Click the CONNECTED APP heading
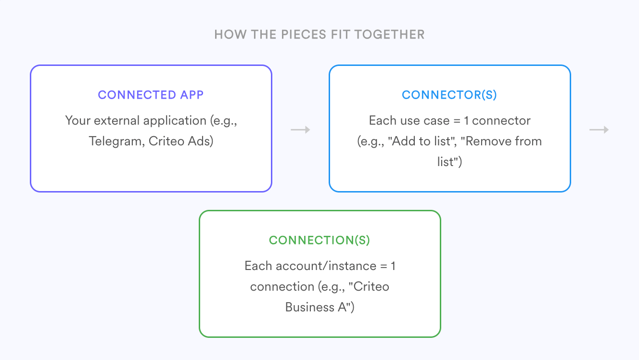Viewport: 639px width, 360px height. coord(151,95)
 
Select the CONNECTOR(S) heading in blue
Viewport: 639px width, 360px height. coord(449,95)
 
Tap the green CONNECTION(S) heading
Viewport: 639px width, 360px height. coord(319,240)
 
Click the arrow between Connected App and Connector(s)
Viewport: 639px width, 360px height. coord(300,130)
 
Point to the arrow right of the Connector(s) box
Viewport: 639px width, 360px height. coord(599,130)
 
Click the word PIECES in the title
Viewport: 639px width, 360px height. coord(304,35)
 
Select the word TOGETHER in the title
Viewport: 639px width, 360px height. coord(389,35)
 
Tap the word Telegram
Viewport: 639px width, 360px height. coord(116,141)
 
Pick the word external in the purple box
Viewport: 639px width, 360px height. coord(116,120)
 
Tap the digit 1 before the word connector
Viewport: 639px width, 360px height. coord(466,121)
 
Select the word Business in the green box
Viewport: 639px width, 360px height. coord(310,307)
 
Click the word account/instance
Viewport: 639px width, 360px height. coord(326,266)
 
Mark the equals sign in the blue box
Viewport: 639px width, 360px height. coord(457,121)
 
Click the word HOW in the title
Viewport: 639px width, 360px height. coord(230,35)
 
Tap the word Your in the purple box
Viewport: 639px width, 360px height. coord(77,120)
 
